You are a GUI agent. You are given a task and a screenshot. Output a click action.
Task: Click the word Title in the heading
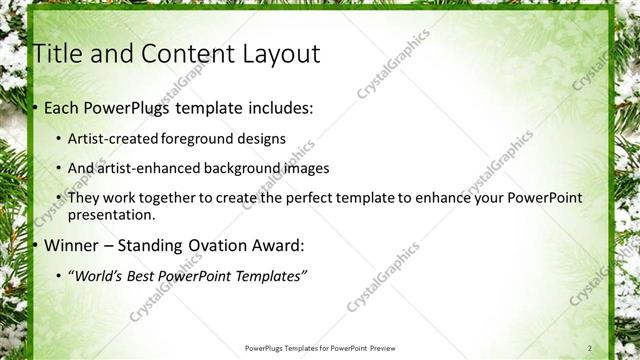[57, 54]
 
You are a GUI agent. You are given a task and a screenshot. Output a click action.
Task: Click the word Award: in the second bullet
[281, 245]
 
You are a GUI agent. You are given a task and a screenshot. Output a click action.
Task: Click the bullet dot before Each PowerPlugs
[35, 106]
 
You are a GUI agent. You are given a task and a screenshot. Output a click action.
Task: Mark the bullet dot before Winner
[35, 246]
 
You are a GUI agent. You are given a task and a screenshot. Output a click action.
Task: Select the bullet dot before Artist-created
[59, 139]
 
